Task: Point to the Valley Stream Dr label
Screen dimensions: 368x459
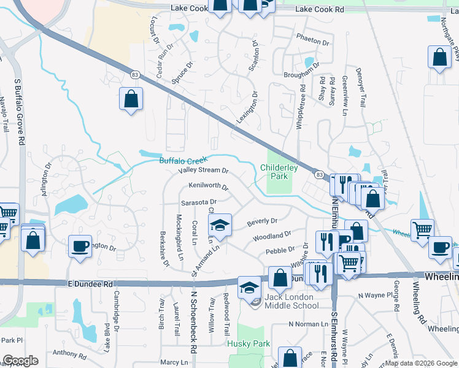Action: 203,171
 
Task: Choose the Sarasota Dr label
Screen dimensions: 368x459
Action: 198,202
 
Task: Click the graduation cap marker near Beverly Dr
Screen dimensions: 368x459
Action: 220,224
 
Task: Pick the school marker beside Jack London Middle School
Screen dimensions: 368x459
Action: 249,286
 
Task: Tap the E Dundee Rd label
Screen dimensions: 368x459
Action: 90,284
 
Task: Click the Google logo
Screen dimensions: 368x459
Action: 20,361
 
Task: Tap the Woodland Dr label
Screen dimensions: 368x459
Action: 271,236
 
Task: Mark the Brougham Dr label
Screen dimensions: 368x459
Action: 303,75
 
